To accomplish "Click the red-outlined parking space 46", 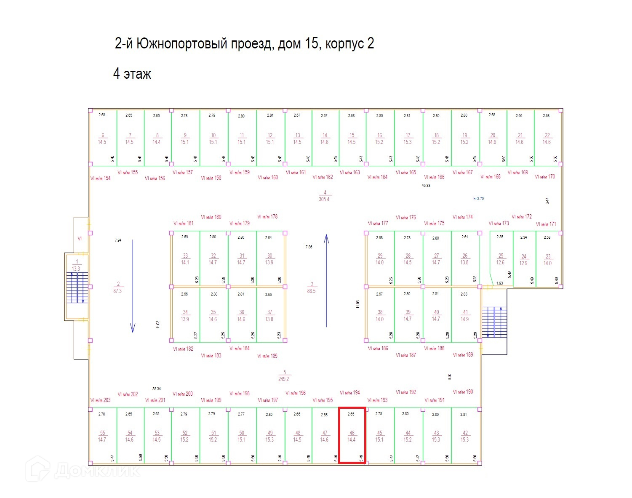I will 352,435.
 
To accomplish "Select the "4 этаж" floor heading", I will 132,74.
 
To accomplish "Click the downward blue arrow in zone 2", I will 133,286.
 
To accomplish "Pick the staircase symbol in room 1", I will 77,288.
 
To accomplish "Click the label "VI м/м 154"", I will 100,178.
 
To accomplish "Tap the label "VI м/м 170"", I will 545,177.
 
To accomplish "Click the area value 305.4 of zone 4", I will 324,199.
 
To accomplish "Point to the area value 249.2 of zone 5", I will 283,379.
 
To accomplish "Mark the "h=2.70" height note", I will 478,198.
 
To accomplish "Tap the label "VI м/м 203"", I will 100,400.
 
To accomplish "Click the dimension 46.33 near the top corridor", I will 426,185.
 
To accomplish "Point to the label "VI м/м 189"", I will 463,355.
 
